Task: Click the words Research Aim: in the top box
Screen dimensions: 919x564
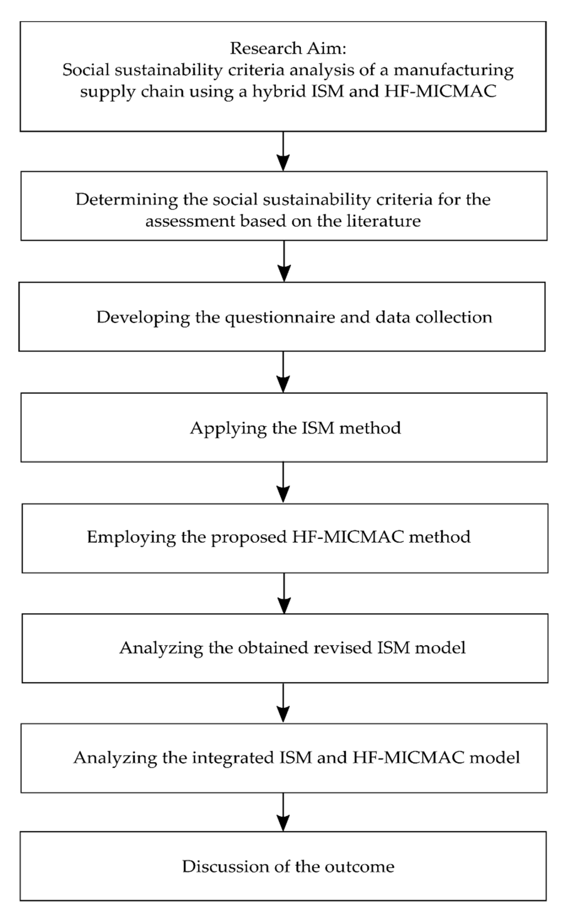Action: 288,48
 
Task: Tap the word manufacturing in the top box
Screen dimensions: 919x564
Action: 454,70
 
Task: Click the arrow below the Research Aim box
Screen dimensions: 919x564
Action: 283,151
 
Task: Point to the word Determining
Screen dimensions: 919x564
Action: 126,200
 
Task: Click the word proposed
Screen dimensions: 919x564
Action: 249,537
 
